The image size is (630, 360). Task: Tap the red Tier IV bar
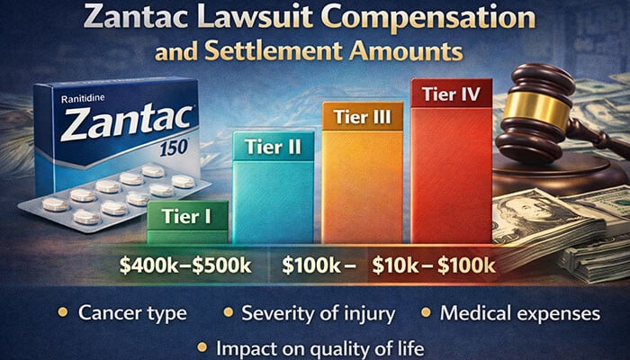450,162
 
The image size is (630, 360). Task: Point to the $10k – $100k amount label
435,266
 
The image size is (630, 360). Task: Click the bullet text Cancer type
131,313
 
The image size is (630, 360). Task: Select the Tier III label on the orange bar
360,116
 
